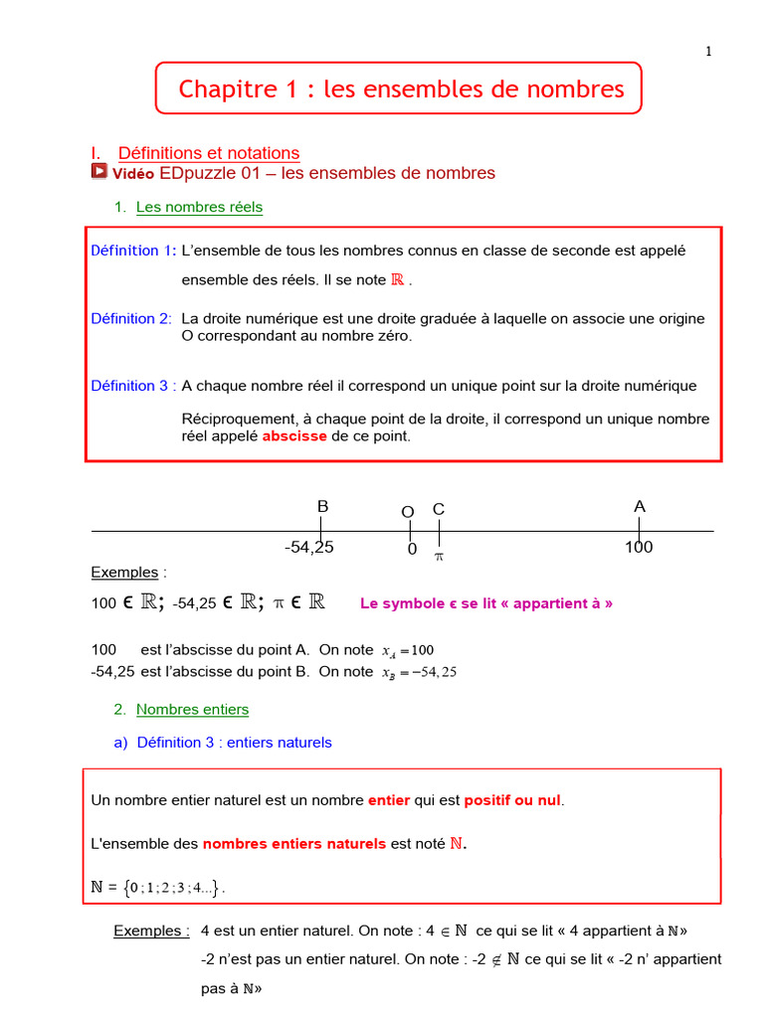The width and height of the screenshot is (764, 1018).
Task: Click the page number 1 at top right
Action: (x=709, y=53)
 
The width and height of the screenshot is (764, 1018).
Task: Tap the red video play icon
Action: (x=98, y=172)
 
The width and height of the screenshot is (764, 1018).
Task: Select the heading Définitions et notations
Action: (x=208, y=153)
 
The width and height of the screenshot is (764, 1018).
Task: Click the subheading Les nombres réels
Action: (x=199, y=208)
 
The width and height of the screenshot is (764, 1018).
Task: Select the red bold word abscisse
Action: (x=294, y=436)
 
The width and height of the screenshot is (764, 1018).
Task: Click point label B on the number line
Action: (x=322, y=507)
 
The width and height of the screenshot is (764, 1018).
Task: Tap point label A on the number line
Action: (x=640, y=507)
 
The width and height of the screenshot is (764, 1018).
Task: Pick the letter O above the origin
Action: (x=408, y=512)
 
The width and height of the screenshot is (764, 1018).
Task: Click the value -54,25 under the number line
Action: (x=308, y=548)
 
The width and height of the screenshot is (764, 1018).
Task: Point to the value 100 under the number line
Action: (x=639, y=548)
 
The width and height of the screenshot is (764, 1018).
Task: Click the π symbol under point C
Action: (x=439, y=557)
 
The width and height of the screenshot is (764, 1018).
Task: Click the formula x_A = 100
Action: (x=408, y=651)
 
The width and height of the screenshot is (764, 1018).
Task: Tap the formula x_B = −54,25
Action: (x=419, y=672)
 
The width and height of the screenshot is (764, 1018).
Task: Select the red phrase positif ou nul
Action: (x=512, y=800)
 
